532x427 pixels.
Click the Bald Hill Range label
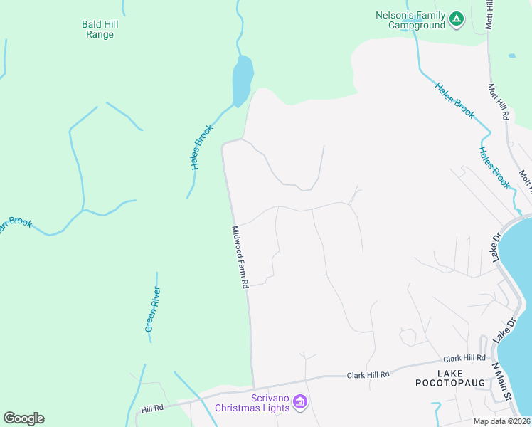point(100,29)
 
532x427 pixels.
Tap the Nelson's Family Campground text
point(411,20)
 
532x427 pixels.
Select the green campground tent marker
point(457,19)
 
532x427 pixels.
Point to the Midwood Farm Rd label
point(239,257)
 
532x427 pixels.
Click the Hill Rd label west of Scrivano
point(152,408)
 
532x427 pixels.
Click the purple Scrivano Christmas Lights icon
point(300,403)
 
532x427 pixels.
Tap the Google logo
point(23,418)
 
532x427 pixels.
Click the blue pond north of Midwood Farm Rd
point(243,78)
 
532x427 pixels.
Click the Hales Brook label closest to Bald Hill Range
point(201,147)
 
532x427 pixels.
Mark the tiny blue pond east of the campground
point(511,55)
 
